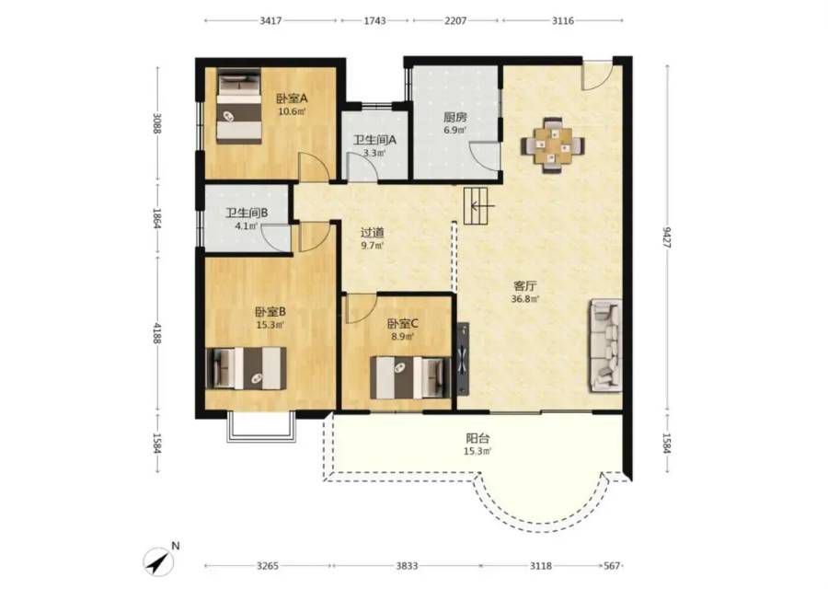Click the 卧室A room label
point(292,98)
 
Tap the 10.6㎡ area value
point(292,111)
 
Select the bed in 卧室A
point(238,106)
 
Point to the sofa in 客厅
point(605,345)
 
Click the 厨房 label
point(454,117)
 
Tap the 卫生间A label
point(374,140)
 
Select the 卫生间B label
point(247,213)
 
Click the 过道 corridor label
point(372,233)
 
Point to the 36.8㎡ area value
point(525,299)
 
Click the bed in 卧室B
point(246,368)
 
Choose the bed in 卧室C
point(410,377)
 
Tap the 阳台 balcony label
point(477,438)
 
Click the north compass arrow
point(158,562)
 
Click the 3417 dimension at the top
point(270,20)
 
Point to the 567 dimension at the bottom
point(612,566)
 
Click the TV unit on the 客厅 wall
point(463,359)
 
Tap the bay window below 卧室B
point(261,426)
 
